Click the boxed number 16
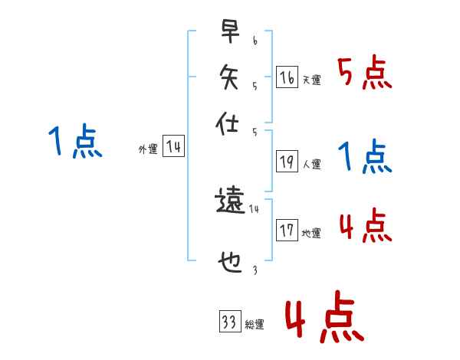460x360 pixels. click(x=287, y=77)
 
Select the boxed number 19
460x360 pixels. click(x=287, y=162)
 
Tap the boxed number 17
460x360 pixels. click(x=287, y=231)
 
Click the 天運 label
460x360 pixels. click(x=311, y=80)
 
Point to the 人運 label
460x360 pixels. click(x=311, y=165)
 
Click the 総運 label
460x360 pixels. click(x=254, y=325)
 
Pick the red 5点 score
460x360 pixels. click(x=366, y=74)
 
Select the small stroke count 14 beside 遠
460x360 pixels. click(x=255, y=208)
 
